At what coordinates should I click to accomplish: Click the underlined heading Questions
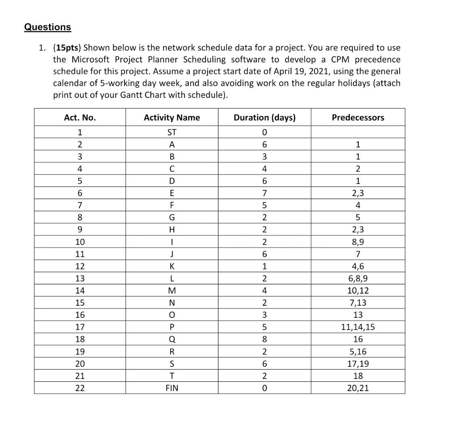[48, 27]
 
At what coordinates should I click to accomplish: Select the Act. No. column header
[80, 118]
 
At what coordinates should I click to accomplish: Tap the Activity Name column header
[172, 118]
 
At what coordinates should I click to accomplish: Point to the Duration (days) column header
[264, 118]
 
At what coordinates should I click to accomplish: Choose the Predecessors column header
[358, 118]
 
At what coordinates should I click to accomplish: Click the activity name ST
[172, 133]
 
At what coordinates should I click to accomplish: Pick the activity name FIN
[172, 388]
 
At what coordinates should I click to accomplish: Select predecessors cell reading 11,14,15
[358, 327]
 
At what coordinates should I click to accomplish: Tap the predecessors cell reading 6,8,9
[358, 278]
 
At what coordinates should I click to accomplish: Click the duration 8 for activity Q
[264, 340]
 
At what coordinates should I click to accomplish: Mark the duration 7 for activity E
[264, 193]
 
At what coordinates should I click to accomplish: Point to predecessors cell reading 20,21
[358, 388]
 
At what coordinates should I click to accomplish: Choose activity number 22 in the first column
[80, 388]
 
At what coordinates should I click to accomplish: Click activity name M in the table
[172, 291]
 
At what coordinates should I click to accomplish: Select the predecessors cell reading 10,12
[358, 291]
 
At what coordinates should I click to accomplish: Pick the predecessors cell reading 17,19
[358, 364]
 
